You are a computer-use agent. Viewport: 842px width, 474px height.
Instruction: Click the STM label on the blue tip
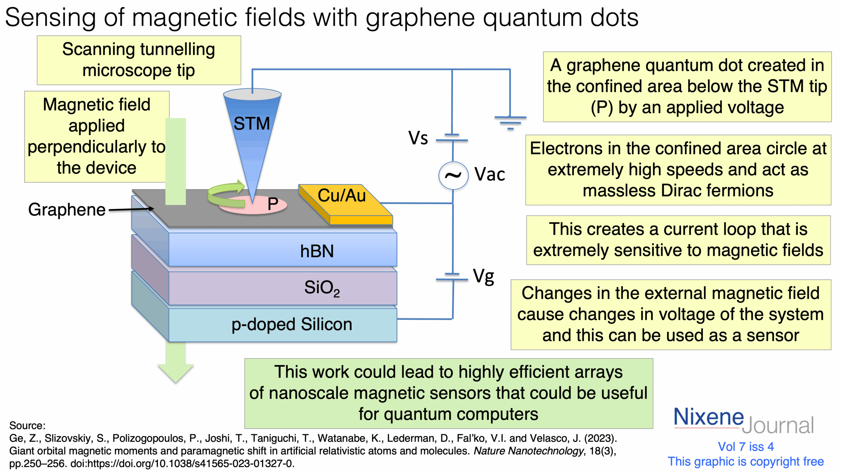tap(251, 124)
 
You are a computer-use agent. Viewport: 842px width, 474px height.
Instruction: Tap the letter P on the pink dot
tap(273, 204)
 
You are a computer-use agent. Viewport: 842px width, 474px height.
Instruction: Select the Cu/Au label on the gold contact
tap(341, 196)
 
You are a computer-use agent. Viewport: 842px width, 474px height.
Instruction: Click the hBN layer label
tap(317, 251)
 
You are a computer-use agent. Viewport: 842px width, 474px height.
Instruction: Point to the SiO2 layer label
tap(322, 288)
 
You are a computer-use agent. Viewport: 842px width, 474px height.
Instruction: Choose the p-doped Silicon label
tap(292, 324)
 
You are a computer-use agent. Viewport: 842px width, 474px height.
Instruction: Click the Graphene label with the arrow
tap(67, 210)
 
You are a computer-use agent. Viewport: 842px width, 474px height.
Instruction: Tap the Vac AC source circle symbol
tap(453, 175)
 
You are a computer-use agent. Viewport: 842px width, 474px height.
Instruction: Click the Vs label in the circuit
tap(418, 138)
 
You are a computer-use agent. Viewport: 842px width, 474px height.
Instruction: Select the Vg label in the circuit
tap(483, 276)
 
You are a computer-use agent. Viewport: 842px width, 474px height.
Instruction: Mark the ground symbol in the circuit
tap(510, 122)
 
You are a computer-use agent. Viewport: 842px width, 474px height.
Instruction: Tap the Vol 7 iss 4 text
tap(746, 447)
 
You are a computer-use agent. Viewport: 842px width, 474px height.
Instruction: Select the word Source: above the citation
tap(27, 426)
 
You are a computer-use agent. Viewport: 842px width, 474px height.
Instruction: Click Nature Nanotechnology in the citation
tap(528, 451)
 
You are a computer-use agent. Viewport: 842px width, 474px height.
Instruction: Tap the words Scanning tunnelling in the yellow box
tap(138, 50)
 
